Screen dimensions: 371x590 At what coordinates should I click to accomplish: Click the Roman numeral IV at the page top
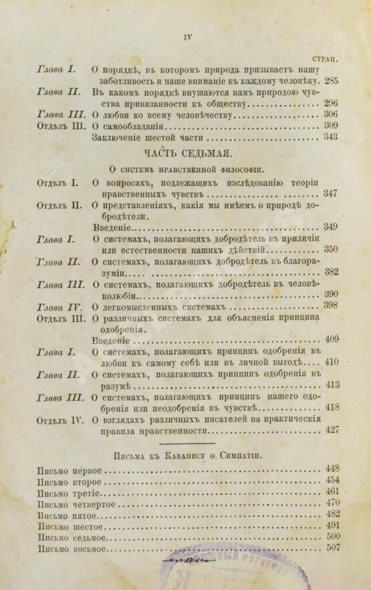click(188, 38)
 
